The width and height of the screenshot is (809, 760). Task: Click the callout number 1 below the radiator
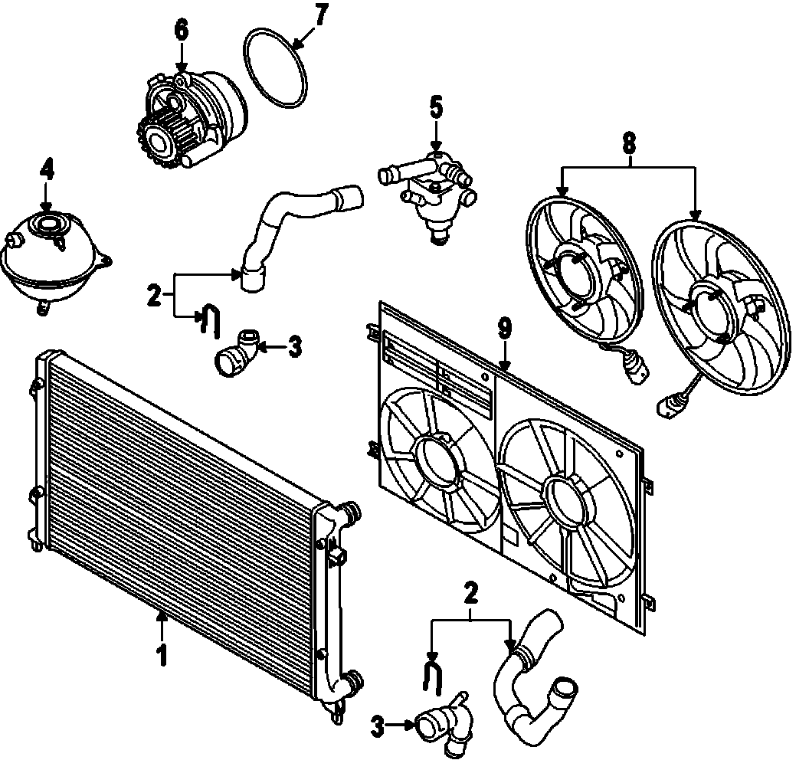click(x=162, y=656)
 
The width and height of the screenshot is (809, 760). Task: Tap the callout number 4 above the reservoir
click(x=47, y=169)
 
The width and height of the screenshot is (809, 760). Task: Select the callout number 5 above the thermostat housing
click(x=435, y=107)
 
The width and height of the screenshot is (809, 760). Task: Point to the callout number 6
click(x=181, y=30)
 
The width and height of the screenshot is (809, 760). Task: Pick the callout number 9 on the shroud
click(x=504, y=329)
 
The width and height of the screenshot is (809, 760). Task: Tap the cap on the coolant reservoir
click(x=48, y=225)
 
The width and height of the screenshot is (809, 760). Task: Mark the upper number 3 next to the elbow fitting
click(x=294, y=348)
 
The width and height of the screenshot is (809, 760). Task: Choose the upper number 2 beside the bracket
click(x=154, y=294)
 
